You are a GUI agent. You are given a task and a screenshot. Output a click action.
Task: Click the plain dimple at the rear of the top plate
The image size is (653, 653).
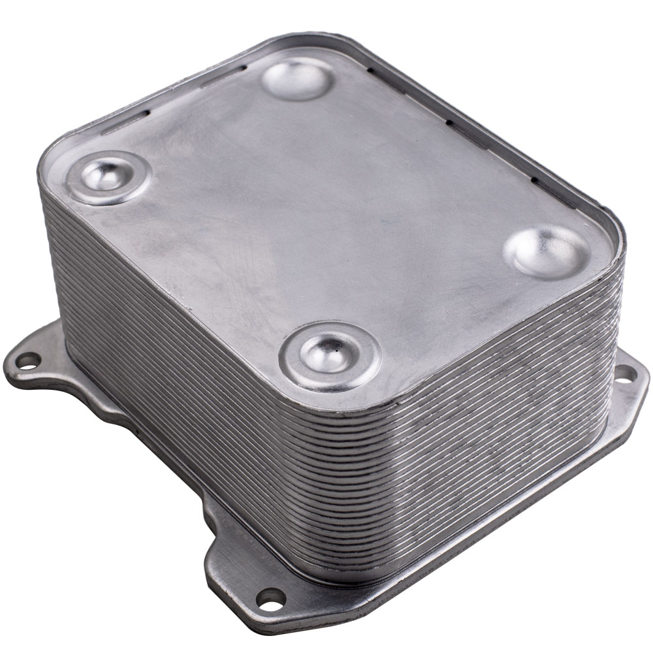tap(298, 78)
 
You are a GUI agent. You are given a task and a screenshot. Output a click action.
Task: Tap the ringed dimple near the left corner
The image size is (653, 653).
tap(108, 176)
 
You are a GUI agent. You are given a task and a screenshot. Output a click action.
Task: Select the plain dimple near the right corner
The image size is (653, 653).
tap(547, 252)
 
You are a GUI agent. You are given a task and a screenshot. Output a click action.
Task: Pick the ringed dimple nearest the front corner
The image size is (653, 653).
tap(330, 356)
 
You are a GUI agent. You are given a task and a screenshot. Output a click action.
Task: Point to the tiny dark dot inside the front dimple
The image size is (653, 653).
tap(334, 358)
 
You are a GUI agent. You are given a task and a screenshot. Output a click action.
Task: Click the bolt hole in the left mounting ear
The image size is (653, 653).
tap(27, 360)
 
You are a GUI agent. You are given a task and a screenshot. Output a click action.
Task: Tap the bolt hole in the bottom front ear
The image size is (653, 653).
tap(270, 596)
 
